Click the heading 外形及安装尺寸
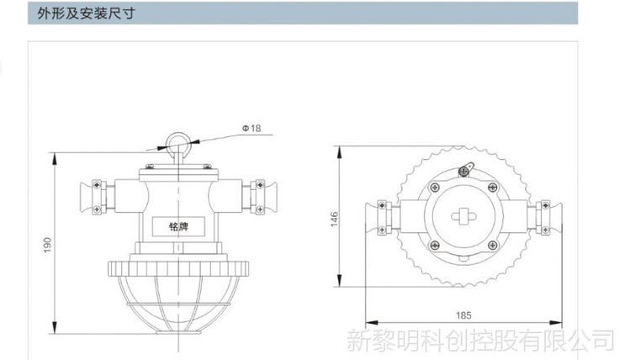pyautogui.click(x=86, y=13)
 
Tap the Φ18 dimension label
pyautogui.click(x=251, y=128)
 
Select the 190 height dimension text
pyautogui.click(x=47, y=245)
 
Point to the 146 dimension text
pyautogui.click(x=334, y=219)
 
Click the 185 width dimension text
pyautogui.click(x=463, y=315)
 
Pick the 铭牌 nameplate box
pyautogui.click(x=178, y=226)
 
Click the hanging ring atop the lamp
pyautogui.click(x=177, y=143)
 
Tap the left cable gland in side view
pyautogui.click(x=97, y=198)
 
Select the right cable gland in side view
pyautogui.click(x=260, y=198)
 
